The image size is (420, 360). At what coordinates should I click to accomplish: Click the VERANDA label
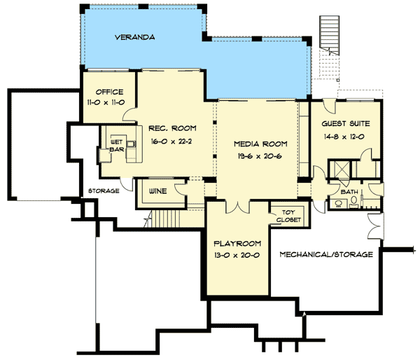(x=134, y=36)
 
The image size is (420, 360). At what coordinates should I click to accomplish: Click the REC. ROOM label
(x=172, y=128)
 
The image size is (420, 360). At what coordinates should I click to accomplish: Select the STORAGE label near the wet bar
(x=103, y=191)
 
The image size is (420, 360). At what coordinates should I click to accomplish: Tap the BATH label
(x=349, y=191)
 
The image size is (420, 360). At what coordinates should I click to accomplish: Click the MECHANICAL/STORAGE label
(x=325, y=254)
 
